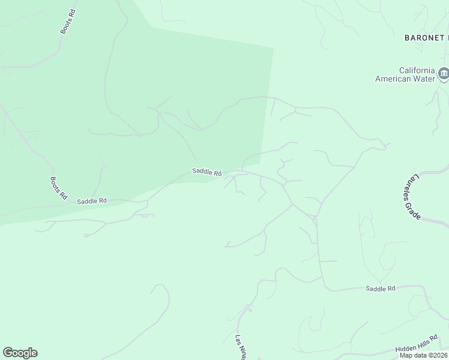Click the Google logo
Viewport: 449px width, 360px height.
[20, 353]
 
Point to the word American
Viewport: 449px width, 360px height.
[393, 79]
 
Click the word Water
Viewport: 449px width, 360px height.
[423, 79]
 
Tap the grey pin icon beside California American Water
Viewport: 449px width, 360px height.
[444, 74]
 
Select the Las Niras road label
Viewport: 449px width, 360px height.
[240, 347]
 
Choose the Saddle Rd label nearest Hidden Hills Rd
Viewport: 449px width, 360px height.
[381, 289]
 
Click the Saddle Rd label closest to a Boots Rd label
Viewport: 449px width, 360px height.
[91, 201]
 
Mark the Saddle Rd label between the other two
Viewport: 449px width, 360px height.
[206, 172]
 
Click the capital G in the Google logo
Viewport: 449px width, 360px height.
[8, 352]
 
